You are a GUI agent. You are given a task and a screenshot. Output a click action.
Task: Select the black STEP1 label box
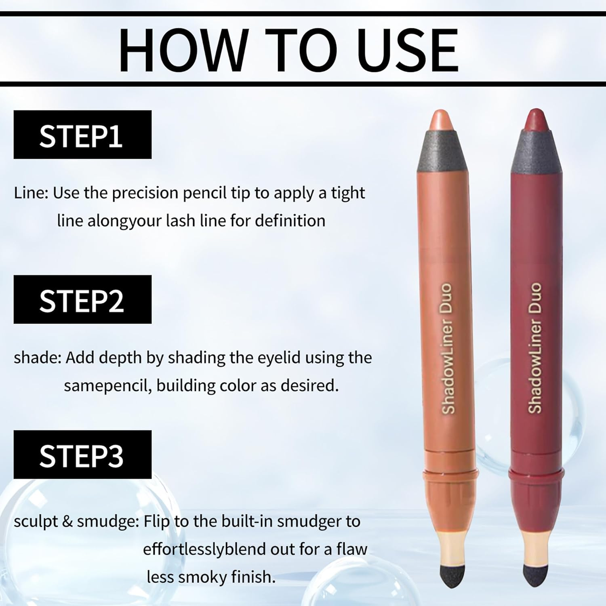[82, 135]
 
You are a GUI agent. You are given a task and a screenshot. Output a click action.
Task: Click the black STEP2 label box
[82, 299]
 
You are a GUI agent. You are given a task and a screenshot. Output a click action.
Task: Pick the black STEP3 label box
[82, 455]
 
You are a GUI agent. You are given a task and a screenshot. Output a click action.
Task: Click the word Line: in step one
[31, 193]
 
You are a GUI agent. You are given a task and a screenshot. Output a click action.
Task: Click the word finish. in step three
[253, 577]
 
